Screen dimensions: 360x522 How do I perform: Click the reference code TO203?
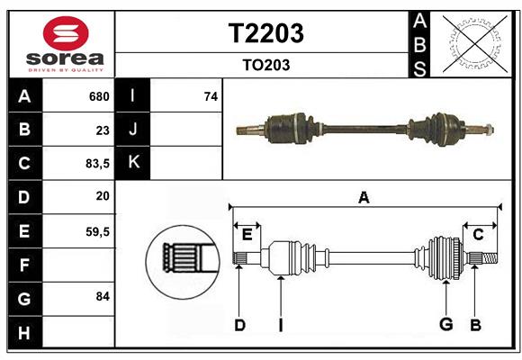coord(265,65)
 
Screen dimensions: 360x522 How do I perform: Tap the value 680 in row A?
coord(99,96)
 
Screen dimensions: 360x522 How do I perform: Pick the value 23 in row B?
coord(103,130)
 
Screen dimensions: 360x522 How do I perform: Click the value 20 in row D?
coord(103,196)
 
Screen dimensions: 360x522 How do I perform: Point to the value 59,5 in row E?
coord(97,231)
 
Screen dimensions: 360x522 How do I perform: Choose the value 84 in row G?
coord(103,296)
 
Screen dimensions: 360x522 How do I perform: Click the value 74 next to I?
coord(211,96)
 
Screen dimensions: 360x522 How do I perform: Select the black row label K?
coord(133,163)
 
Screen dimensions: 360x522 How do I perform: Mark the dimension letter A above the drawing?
coord(364,198)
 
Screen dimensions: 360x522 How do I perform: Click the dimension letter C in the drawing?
coord(478,235)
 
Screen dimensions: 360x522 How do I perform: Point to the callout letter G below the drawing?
coord(445,325)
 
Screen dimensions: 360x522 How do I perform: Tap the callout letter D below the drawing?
coord(239,325)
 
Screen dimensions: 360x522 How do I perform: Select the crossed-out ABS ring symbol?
coord(471,43)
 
